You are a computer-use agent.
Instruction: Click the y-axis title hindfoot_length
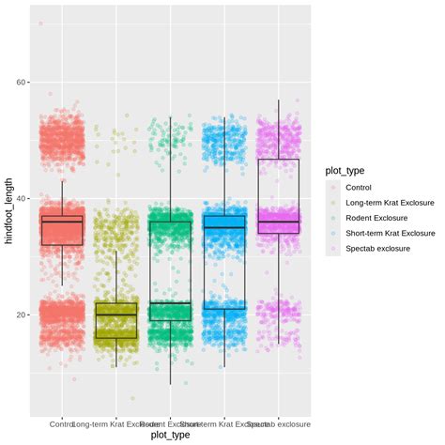8,215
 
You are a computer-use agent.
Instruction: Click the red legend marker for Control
333,188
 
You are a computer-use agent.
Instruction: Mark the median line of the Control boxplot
62,222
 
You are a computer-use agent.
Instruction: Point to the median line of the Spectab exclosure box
278,222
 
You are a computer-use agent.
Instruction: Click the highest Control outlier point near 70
40,23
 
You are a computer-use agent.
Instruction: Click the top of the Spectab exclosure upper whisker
278,100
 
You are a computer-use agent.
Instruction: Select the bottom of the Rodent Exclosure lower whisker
170,384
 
